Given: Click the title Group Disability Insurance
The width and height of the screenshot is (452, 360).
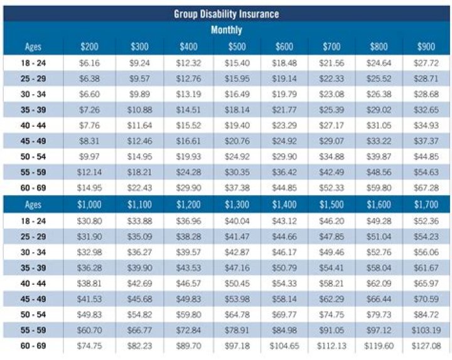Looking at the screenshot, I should (226, 14).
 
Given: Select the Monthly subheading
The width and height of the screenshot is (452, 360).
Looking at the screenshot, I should (226, 29).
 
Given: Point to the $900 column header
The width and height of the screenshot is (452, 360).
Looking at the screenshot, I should (427, 47).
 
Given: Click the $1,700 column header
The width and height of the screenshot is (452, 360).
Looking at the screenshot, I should (427, 204).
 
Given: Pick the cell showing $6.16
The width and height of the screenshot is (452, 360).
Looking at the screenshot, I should (89, 63).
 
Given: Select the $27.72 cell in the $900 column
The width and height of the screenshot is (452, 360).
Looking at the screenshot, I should (427, 63).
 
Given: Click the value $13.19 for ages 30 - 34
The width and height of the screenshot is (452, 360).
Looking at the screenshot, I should (188, 94).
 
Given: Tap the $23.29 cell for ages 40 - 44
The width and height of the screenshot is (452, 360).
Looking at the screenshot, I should (284, 125).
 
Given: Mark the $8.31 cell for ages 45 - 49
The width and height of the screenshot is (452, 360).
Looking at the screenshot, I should (89, 141).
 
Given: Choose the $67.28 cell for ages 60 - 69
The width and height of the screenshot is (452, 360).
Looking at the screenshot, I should (427, 188).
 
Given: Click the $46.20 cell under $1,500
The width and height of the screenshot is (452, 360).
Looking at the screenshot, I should (332, 221).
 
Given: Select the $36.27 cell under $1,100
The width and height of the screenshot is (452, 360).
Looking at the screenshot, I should (140, 252).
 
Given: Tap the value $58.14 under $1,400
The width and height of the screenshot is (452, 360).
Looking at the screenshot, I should (284, 299).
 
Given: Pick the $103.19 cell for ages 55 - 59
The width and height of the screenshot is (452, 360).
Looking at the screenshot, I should (427, 330).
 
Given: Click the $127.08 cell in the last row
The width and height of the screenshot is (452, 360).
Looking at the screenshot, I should (427, 346).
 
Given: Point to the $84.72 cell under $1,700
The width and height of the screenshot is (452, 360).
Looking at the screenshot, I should (427, 315).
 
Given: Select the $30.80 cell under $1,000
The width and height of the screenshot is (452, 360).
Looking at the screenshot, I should (89, 221).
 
